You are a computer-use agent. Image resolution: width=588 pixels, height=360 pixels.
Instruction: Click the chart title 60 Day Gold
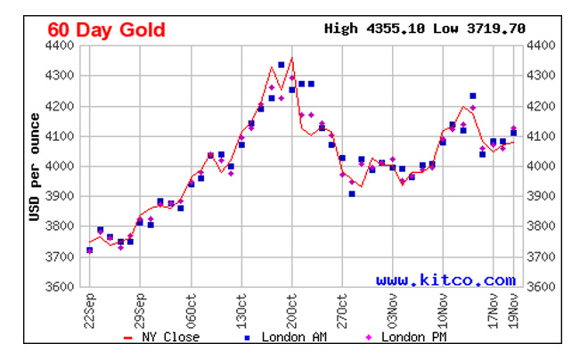pyautogui.click(x=106, y=29)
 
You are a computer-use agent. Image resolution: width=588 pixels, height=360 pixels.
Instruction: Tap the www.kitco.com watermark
pyautogui.click(x=445, y=280)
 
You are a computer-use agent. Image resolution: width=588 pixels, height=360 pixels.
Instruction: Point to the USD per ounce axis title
pyautogui.click(x=35, y=167)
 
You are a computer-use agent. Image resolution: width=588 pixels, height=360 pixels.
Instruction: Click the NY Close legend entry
pyautogui.click(x=163, y=337)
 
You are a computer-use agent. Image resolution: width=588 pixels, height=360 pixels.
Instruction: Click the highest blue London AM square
pyautogui.click(x=282, y=65)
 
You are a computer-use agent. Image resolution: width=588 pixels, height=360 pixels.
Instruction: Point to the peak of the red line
pyautogui.click(x=292, y=59)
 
